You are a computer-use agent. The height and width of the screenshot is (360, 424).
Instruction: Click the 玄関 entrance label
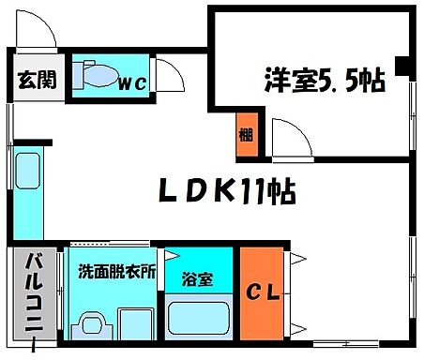point(37,79)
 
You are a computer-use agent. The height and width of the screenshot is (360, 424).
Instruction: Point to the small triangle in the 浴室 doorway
point(174,255)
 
